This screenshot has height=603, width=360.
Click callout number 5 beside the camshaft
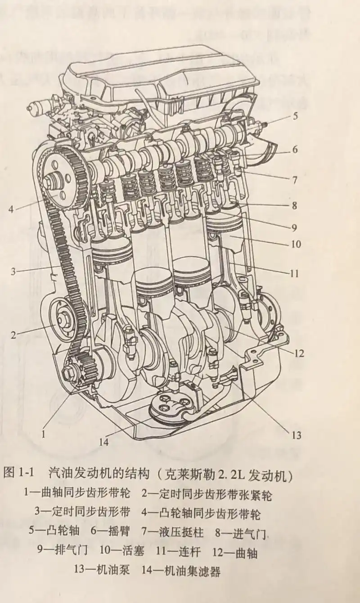click(295, 116)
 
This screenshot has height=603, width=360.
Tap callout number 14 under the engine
click(104, 442)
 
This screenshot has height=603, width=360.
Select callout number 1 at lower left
click(44, 434)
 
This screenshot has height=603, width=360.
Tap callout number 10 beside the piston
click(296, 245)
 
